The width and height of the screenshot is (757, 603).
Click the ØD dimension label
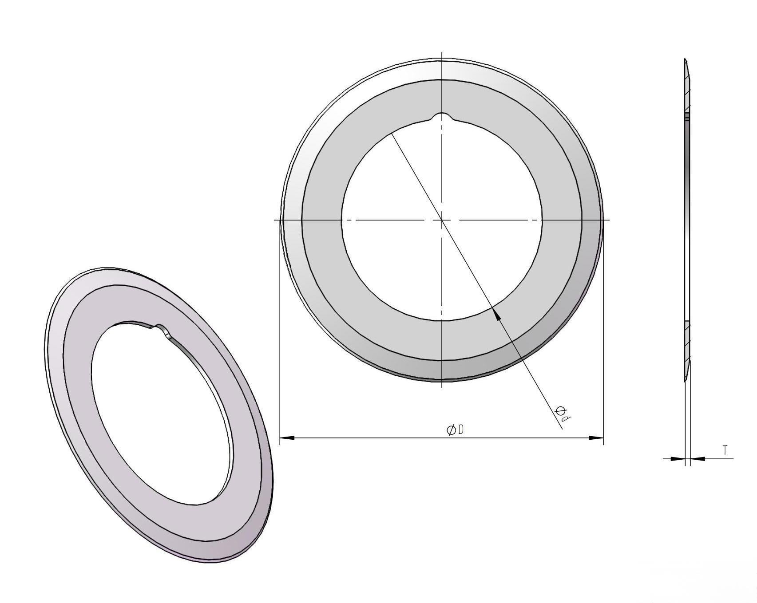tap(456, 430)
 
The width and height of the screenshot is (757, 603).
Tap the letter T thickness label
tap(725, 450)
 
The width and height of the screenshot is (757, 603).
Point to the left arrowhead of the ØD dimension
tap(287, 438)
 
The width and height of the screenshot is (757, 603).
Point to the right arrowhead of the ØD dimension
tap(596, 438)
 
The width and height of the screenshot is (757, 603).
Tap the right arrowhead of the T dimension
tap(698, 458)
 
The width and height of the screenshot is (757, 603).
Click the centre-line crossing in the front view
tap(442, 220)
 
